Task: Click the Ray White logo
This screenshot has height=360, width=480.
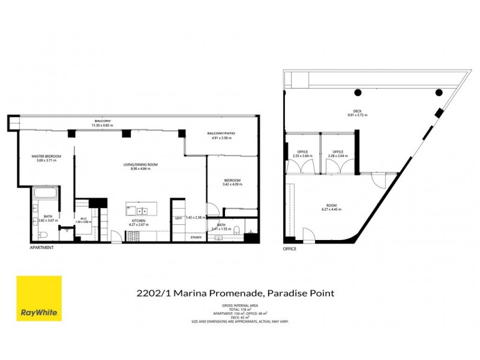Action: tap(39, 298)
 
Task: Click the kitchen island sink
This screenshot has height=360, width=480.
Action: tap(143, 211)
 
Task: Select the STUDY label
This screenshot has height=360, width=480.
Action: tap(196, 238)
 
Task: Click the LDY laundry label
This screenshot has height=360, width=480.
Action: tap(178, 218)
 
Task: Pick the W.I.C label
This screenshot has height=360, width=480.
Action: tap(85, 218)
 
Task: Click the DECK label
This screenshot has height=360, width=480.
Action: tap(357, 111)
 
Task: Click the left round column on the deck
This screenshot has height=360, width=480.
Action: tap(358, 92)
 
